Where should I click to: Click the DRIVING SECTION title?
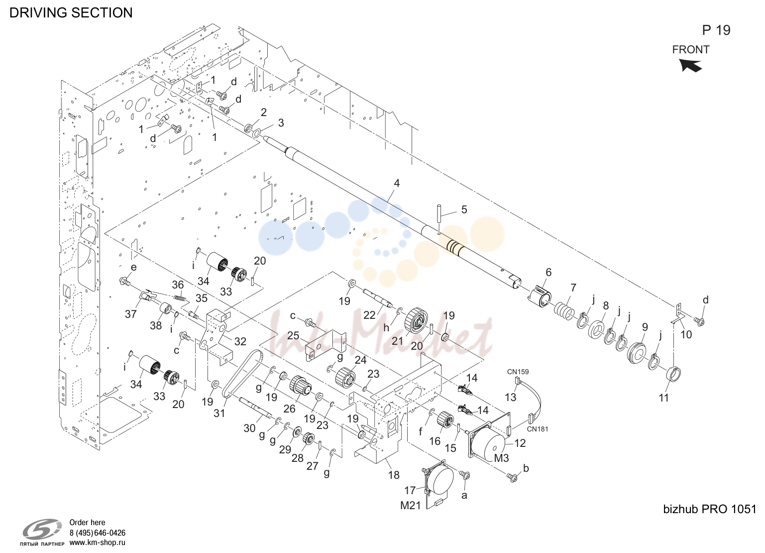(71, 12)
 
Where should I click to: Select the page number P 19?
(716, 30)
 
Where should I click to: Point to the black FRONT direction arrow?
(690, 65)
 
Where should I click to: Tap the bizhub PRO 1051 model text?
(710, 509)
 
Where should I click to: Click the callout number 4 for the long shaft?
(397, 183)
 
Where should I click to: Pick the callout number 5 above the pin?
(464, 210)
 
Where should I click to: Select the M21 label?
(411, 505)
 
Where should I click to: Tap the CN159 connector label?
(518, 372)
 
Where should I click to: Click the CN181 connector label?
(538, 429)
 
